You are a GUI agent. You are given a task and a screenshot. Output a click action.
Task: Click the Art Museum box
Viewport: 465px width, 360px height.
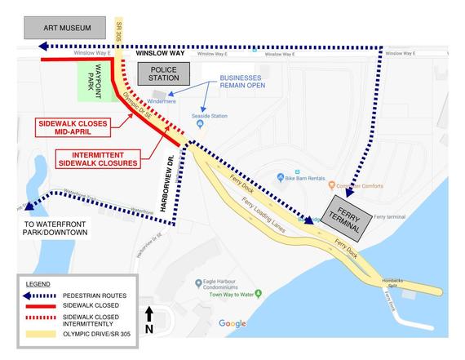65,28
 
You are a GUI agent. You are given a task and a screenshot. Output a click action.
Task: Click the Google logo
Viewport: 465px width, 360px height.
232,323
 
